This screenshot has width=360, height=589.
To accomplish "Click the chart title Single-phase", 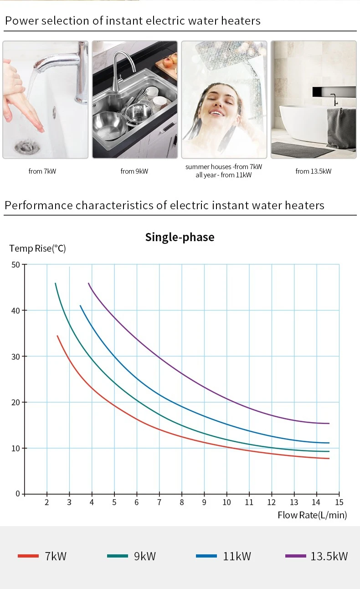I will click(x=180, y=237).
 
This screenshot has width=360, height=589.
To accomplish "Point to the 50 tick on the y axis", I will click(x=15, y=264).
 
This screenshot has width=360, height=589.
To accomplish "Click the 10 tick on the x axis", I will click(x=226, y=502).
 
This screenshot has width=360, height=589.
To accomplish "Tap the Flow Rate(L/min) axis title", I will click(x=312, y=515).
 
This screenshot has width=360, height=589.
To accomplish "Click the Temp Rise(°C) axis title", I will click(x=38, y=248).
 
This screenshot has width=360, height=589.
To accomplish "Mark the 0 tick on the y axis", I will click(x=18, y=494).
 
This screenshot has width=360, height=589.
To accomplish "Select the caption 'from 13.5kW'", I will click(x=314, y=171).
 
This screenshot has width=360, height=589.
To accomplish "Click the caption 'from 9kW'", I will click(x=134, y=171).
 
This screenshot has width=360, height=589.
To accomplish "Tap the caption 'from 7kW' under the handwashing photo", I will click(x=42, y=171).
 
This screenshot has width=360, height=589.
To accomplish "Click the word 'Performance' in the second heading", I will click(x=38, y=205).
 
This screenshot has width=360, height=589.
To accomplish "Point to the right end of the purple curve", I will click(x=329, y=424).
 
